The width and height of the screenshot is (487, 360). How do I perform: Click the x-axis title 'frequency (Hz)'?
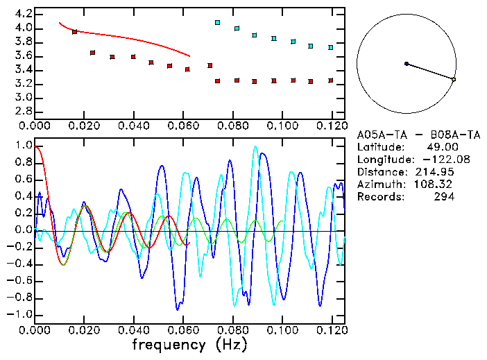click(189, 344)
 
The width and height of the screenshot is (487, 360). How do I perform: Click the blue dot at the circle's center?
click(407, 64)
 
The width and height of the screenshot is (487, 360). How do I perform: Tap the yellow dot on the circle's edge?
click(454, 80)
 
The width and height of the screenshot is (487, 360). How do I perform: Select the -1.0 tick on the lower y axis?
click(19, 314)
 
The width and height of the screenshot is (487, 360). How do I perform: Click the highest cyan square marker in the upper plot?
click(218, 23)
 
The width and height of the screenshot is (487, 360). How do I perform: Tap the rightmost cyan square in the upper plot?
click(331, 47)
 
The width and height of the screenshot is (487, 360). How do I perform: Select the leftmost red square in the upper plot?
click(75, 32)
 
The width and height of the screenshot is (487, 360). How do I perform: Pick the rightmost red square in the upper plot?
click(331, 80)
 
